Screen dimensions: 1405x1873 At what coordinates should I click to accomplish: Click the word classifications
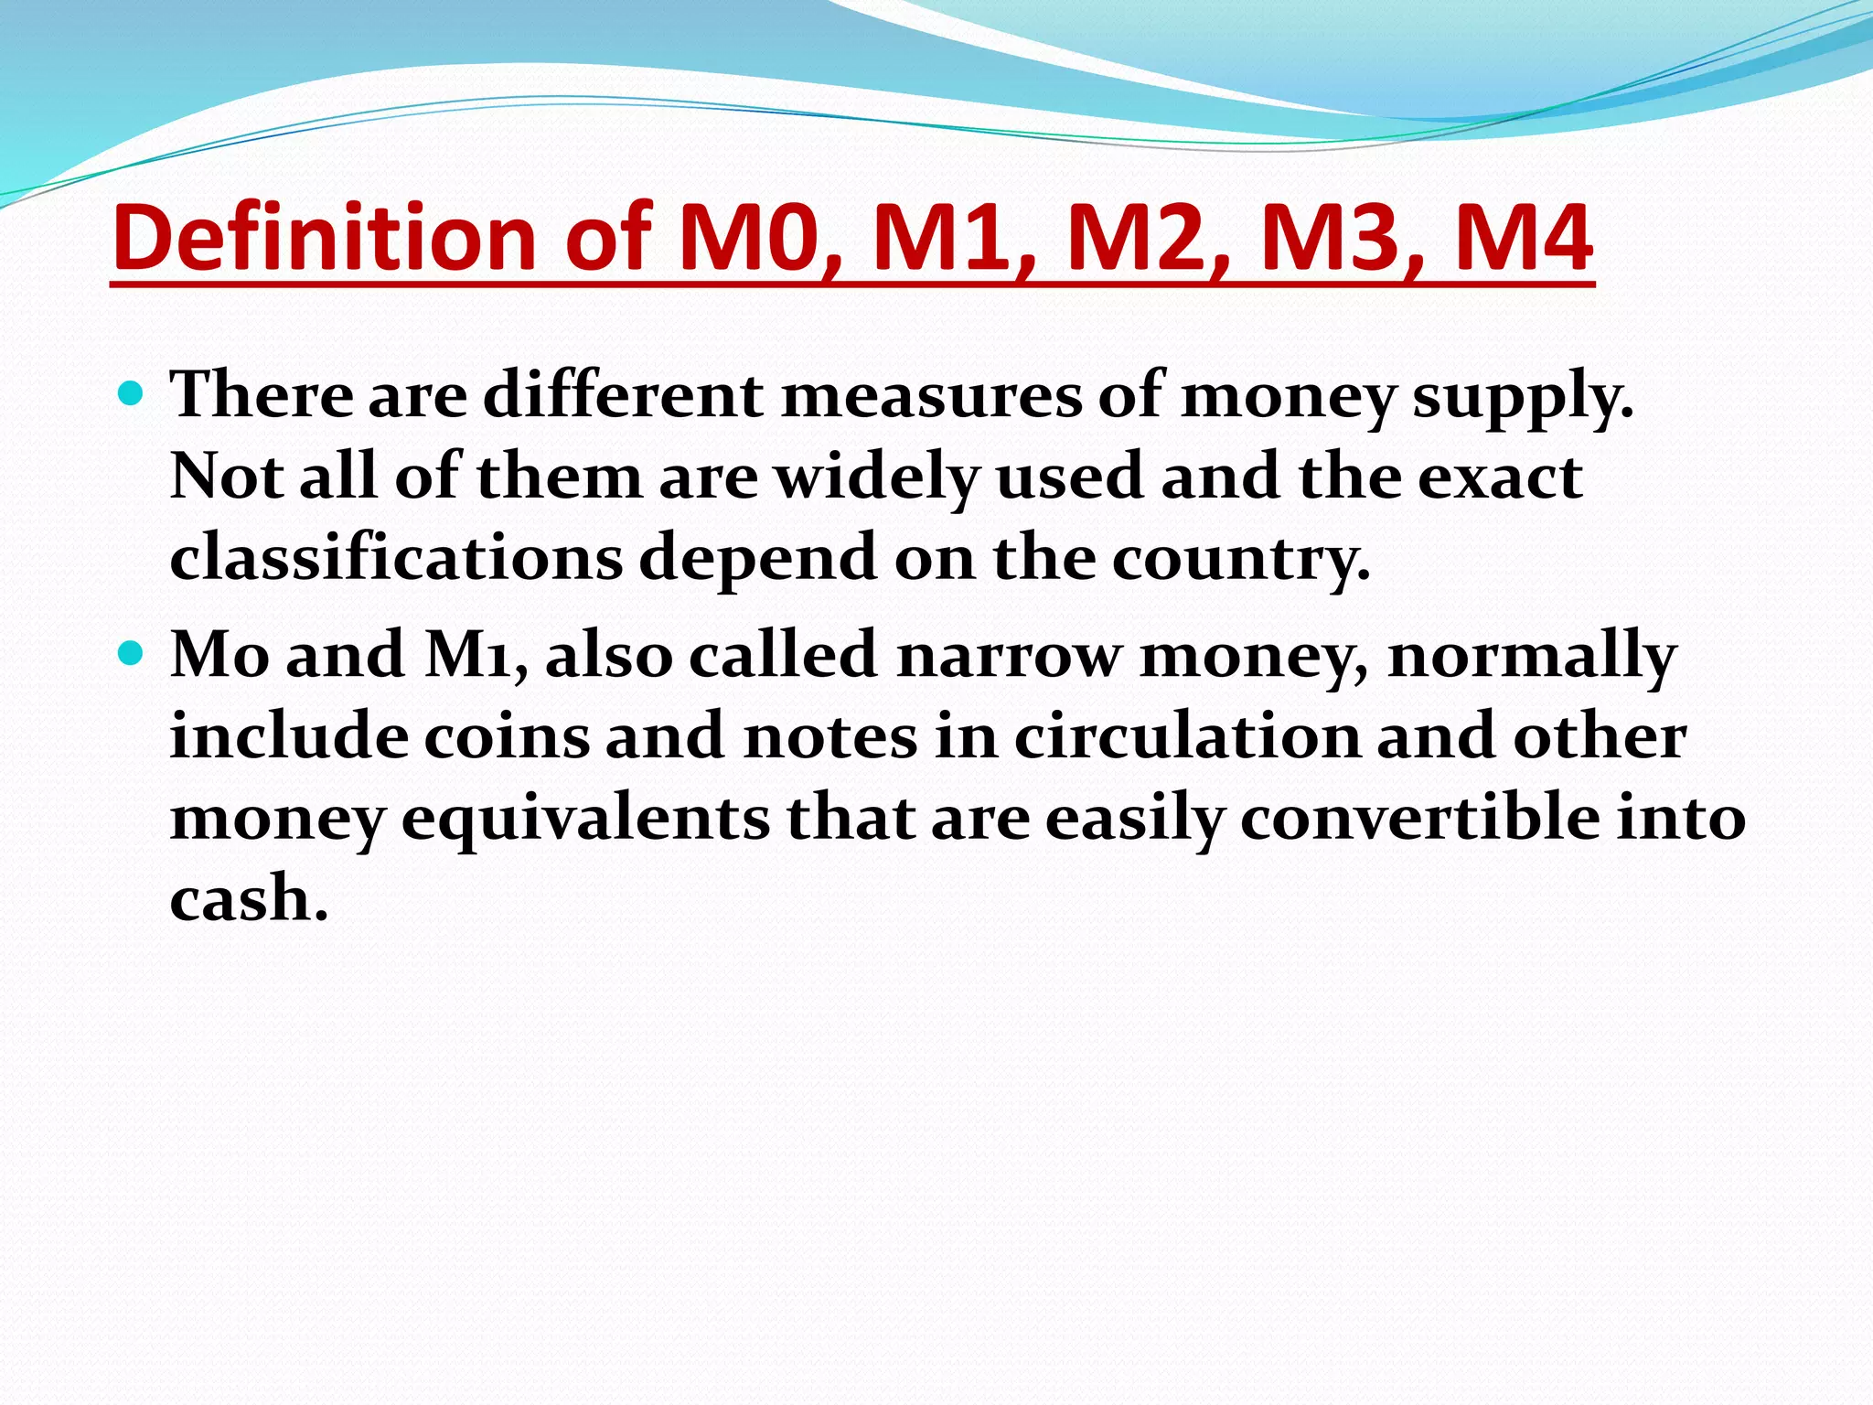(x=396, y=558)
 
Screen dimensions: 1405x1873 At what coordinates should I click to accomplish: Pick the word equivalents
(x=585, y=819)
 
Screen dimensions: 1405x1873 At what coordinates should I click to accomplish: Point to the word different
(x=623, y=396)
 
